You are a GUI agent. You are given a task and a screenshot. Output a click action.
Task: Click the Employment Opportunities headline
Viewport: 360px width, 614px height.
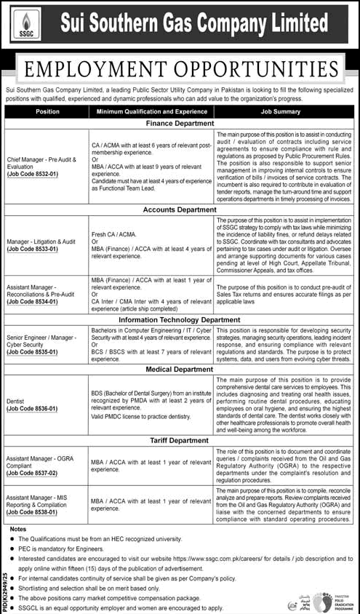pos(180,70)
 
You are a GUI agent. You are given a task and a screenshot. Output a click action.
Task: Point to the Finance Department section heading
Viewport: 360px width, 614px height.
pos(180,124)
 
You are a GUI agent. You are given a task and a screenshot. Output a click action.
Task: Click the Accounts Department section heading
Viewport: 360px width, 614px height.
pos(180,210)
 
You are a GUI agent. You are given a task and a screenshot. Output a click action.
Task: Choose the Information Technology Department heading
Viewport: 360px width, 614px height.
pos(180,319)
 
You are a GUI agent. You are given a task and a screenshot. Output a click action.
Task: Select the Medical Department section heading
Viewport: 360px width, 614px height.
pos(180,369)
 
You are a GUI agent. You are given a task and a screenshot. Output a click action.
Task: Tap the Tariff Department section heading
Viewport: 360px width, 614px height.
pos(180,439)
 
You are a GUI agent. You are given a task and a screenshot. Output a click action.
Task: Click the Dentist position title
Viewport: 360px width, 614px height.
pos(18,400)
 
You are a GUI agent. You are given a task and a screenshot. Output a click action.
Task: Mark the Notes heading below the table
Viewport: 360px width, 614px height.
pos(19,529)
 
